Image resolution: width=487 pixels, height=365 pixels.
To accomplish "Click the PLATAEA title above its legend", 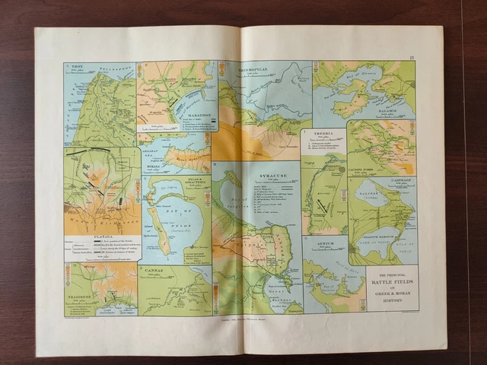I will click(x=102, y=236).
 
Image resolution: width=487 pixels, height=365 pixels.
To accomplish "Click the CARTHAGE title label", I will click(x=402, y=180).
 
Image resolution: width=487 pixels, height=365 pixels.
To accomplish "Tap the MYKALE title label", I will click(x=154, y=162).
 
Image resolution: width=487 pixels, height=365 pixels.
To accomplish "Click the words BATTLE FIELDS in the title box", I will click(x=391, y=281).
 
